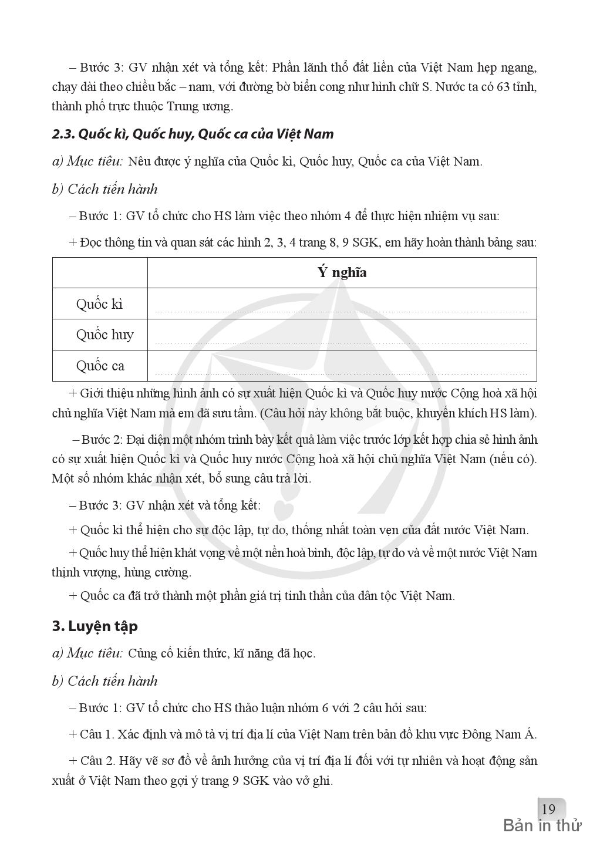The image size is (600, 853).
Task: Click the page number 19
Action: click(x=548, y=810)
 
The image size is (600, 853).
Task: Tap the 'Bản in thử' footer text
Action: click(x=542, y=826)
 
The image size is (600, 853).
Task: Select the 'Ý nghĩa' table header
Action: click(x=342, y=272)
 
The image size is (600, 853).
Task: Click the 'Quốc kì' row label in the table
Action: click(x=99, y=304)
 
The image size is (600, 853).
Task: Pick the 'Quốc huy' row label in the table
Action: click(x=105, y=335)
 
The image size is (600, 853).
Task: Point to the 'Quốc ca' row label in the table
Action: click(x=100, y=366)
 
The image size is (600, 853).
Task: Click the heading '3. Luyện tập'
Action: click(x=95, y=626)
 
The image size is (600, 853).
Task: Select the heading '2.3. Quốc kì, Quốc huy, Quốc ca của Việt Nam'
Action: click(x=193, y=134)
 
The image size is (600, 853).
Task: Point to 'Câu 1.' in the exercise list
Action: click(x=96, y=734)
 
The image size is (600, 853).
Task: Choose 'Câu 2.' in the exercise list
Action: click(x=96, y=760)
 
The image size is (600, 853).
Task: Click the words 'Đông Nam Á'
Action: click(x=500, y=734)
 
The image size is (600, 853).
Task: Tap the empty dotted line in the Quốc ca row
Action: click(x=341, y=373)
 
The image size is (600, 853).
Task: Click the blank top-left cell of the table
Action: click(x=99, y=272)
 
